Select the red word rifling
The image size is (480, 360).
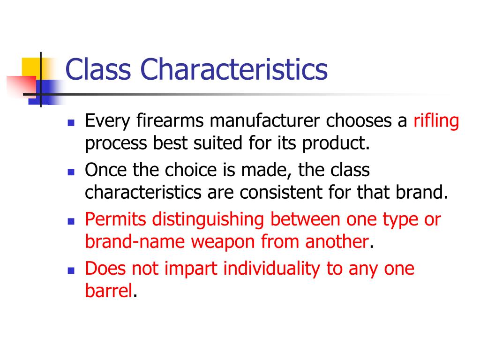435,121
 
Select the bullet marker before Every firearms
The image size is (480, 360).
71,123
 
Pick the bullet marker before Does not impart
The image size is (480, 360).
71,270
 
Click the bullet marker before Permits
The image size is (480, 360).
71,221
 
